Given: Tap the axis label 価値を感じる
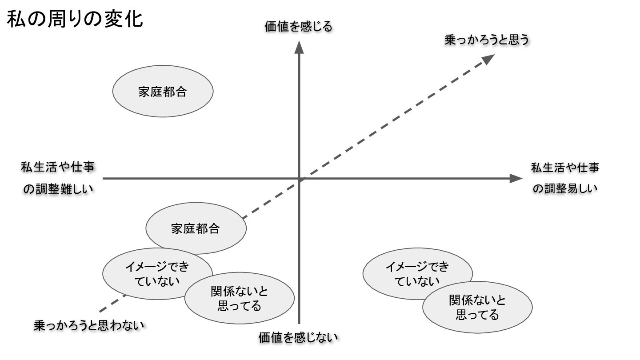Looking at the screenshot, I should click(x=298, y=27).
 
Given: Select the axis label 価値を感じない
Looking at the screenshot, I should click(x=298, y=337).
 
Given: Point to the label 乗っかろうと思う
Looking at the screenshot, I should click(x=487, y=40).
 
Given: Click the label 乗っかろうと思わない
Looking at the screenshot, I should click(x=89, y=325).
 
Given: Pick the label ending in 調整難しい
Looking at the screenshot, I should click(x=58, y=178).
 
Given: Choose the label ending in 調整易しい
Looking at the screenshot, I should click(x=565, y=178).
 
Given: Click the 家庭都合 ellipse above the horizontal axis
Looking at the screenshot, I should click(x=163, y=92).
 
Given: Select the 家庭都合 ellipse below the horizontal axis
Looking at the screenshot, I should click(x=196, y=229).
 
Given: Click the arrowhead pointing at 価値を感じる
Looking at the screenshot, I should click(x=299, y=47).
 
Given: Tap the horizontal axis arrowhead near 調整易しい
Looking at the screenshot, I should click(x=516, y=179).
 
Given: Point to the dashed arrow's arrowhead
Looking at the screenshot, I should click(x=489, y=58).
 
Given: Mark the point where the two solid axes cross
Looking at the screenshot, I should click(x=299, y=179).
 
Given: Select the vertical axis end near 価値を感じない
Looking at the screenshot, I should click(x=299, y=323).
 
